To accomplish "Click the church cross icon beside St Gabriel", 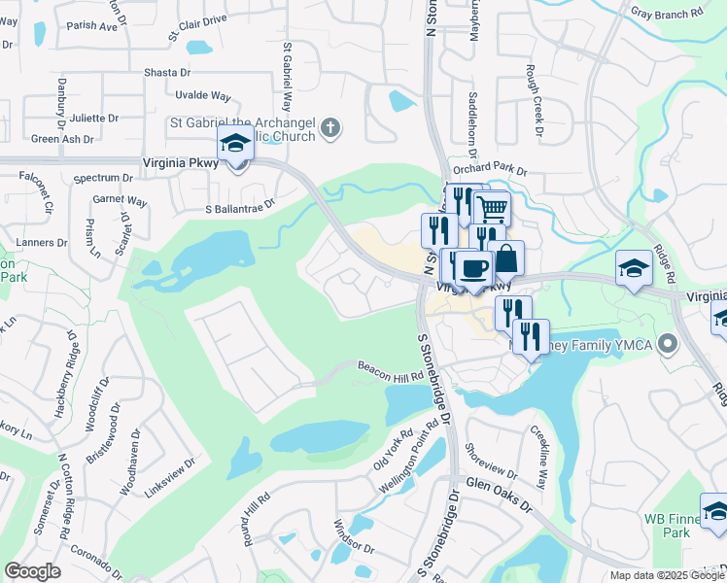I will click(x=330, y=127).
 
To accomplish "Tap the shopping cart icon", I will click(x=493, y=207).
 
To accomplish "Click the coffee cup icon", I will click(x=472, y=268).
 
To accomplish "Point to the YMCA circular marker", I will click(x=667, y=344).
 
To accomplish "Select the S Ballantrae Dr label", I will click(x=240, y=205).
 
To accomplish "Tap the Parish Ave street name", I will click(x=93, y=26).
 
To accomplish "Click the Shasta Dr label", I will click(x=167, y=73).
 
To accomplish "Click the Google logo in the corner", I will click(x=32, y=571).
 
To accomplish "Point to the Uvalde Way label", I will click(x=203, y=95).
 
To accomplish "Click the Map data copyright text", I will click(x=667, y=575).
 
